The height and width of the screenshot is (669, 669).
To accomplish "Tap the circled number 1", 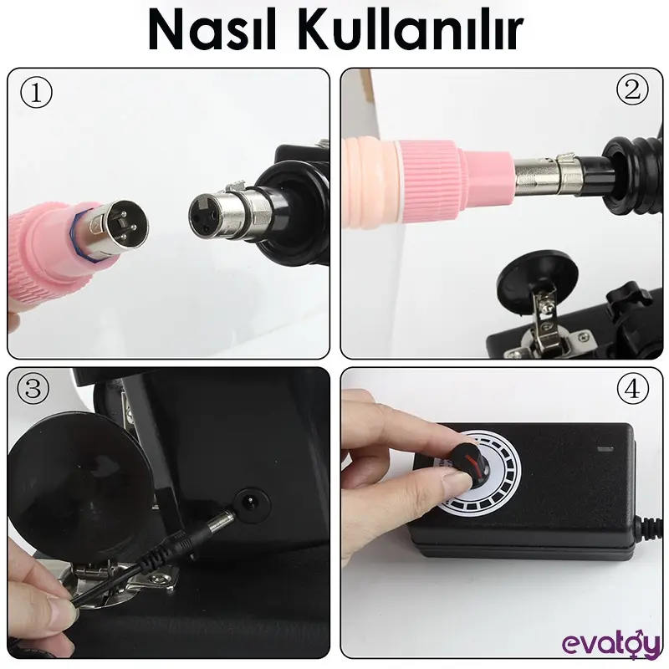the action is (36, 94).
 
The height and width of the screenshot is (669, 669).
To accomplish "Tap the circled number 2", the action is (632, 90).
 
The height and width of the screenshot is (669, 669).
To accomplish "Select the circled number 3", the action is (33, 388).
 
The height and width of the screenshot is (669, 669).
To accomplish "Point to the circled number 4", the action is (632, 389).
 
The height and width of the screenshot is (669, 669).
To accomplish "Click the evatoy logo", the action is (610, 645).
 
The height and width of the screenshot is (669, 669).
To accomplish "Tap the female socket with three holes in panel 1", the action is (202, 217).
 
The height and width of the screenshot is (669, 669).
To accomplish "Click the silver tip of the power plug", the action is (222, 520).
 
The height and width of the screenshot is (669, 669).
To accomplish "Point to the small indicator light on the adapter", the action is (605, 449).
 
